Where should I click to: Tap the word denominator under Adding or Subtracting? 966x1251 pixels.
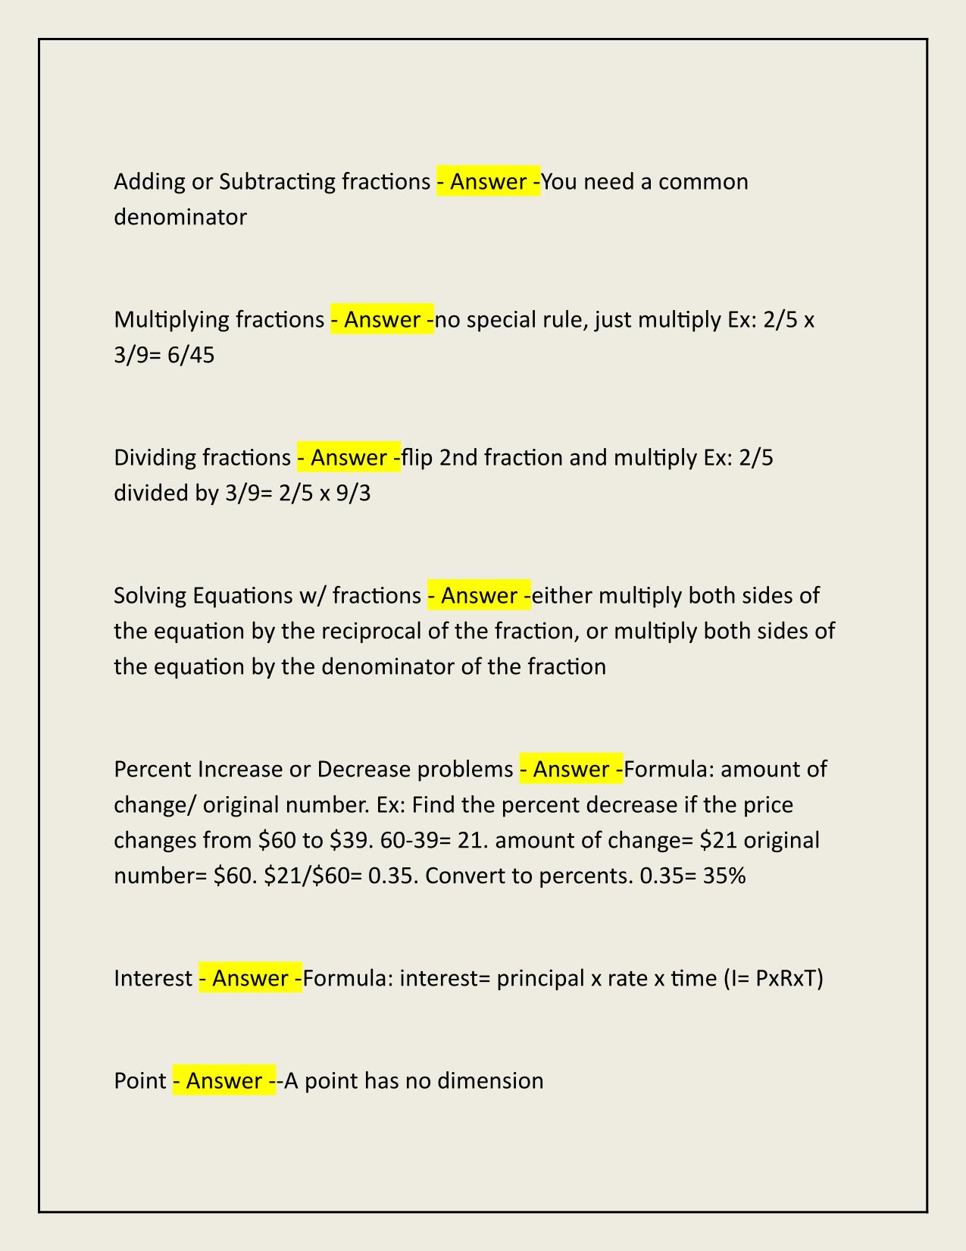tap(180, 218)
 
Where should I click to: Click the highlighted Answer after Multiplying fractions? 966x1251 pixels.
tap(383, 320)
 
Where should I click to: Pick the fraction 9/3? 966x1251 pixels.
tap(355, 494)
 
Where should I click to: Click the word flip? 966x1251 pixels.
tap(416, 458)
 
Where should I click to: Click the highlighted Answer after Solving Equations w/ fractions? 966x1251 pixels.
tap(479, 596)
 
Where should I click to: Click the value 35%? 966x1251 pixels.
tap(724, 876)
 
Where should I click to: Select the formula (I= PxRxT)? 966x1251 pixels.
tap(774, 979)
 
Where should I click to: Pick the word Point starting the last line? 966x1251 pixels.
tap(140, 1080)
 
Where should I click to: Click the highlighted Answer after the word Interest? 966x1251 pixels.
tap(250, 979)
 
